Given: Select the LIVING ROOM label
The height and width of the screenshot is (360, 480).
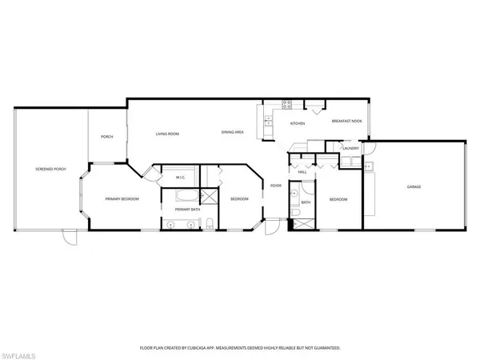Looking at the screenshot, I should pos(166,134).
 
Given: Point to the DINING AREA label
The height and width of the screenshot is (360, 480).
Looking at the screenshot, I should pos(233,131).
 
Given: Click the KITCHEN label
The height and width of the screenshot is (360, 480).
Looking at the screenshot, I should pos(298,123).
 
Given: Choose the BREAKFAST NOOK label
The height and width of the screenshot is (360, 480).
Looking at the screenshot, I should pos(346,121).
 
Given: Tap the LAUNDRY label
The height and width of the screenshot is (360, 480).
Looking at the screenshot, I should pos(350,148).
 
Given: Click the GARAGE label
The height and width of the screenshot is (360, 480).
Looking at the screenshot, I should pos(414,186).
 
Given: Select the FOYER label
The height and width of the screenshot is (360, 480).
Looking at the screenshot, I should pos(275,186).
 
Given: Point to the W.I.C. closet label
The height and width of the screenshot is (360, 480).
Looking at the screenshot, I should pos(180,178).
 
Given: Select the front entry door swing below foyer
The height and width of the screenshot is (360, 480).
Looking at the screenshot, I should pos(274,227).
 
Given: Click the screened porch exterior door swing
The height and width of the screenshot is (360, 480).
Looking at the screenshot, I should pos(69,238).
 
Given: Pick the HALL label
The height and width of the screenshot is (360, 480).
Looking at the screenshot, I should pos(302,172).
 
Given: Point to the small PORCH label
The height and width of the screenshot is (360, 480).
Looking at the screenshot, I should pos(106,137).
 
